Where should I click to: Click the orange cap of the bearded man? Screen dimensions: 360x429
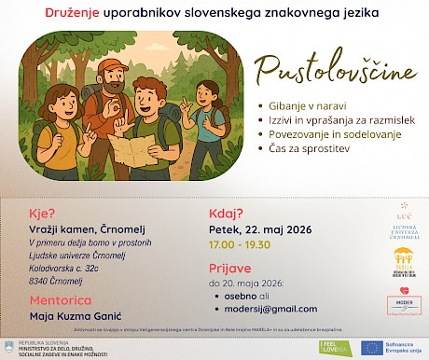(109, 66)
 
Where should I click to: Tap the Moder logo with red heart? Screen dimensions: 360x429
(402, 306)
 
